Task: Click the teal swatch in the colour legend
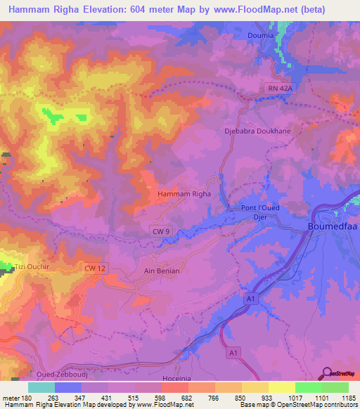pyautogui.click(x=41, y=387)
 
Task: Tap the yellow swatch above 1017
pyautogui.click(x=281, y=387)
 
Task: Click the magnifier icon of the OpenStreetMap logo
pyautogui.click(x=326, y=372)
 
